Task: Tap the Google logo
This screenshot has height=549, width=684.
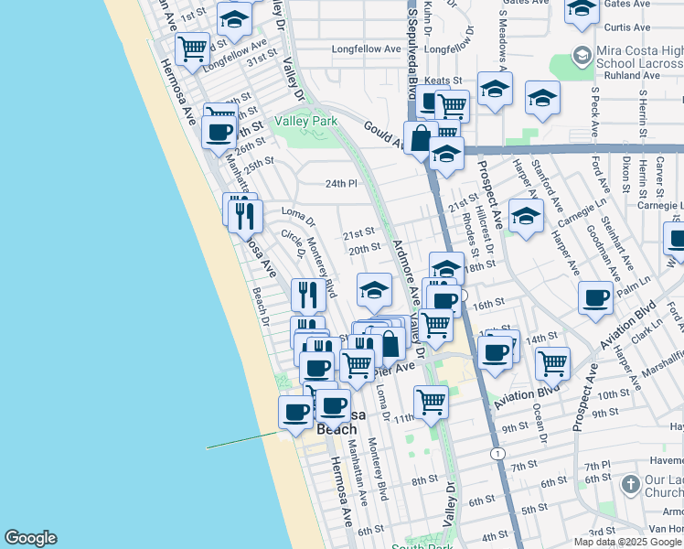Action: pos(30,538)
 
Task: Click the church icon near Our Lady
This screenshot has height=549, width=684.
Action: pos(630,484)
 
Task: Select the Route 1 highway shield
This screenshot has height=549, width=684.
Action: pos(497,454)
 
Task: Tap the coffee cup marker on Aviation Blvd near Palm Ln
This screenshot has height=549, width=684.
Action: pos(596,297)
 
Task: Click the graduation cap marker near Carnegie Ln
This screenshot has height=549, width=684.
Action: pos(526,216)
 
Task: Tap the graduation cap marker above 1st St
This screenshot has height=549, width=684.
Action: pos(235,20)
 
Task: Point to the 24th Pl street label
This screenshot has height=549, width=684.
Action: pos(340,183)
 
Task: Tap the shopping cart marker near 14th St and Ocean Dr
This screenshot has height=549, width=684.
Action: pos(552,363)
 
